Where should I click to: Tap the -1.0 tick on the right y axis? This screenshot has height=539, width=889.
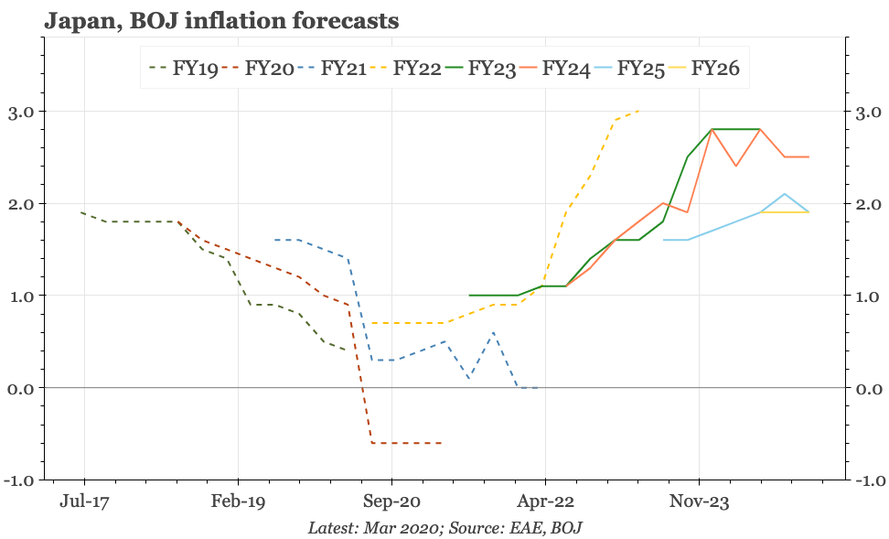(x=869, y=480)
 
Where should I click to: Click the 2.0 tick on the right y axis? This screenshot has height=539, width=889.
(x=869, y=204)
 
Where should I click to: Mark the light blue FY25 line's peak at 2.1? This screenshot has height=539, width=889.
(x=785, y=194)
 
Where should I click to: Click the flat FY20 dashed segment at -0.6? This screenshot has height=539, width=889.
(x=407, y=443)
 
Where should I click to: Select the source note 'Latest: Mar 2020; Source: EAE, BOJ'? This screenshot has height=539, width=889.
(x=444, y=528)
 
